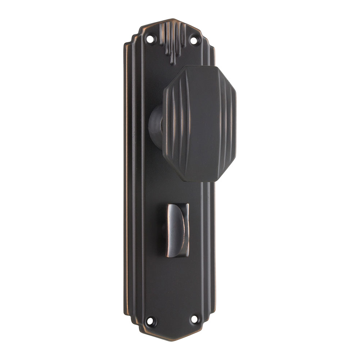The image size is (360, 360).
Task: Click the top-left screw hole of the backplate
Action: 150,39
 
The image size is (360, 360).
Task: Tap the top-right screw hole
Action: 194,40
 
